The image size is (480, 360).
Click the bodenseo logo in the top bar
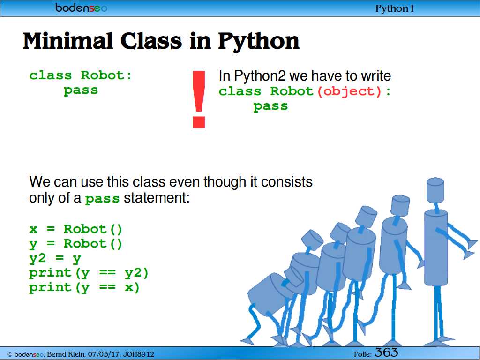click(x=82, y=7)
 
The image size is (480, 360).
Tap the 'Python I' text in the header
click(x=395, y=8)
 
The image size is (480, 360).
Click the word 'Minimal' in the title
click(x=68, y=41)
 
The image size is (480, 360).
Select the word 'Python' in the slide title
click(x=258, y=41)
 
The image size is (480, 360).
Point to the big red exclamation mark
click(x=199, y=99)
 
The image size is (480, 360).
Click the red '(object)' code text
click(x=349, y=91)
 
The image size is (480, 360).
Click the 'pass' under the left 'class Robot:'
click(x=81, y=90)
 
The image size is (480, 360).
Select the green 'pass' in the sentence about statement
click(x=102, y=199)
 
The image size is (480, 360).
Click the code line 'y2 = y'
click(x=55, y=258)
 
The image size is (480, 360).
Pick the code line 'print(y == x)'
click(x=84, y=287)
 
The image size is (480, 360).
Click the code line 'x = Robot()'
click(x=75, y=229)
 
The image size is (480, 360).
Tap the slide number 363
click(x=386, y=352)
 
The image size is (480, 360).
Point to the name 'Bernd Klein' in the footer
click(x=66, y=354)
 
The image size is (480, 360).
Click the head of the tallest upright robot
click(x=435, y=189)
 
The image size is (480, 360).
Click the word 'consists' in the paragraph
click(x=286, y=181)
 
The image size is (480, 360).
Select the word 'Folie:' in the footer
click(x=363, y=354)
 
